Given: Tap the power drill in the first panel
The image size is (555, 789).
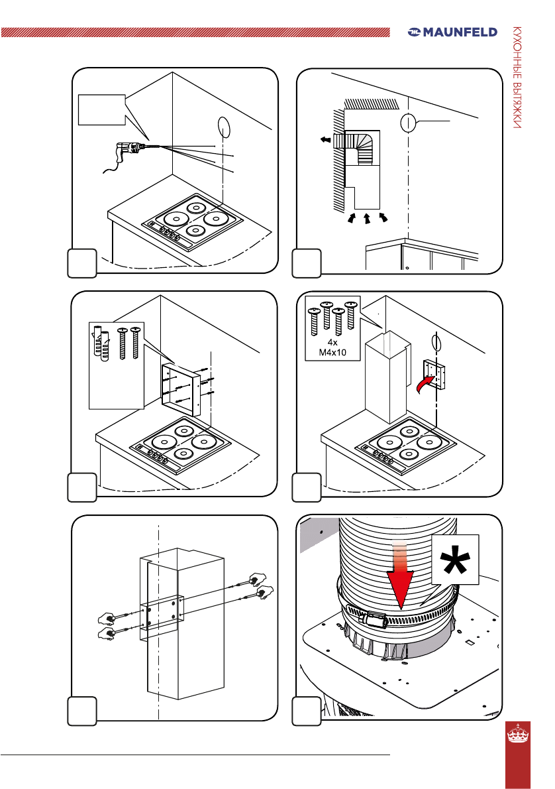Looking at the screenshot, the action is (132, 151).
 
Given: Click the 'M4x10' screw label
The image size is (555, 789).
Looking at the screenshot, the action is (332, 352).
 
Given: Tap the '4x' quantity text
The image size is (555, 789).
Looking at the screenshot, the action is (332, 342).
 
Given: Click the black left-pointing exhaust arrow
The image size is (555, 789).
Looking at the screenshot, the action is (325, 139).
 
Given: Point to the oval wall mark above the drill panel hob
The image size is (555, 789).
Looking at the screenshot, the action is (224, 126).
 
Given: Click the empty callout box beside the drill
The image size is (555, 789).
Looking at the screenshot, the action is (101, 109).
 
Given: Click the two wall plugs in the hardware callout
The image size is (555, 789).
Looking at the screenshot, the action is (101, 343).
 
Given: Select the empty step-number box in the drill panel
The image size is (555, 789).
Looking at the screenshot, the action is (82, 263).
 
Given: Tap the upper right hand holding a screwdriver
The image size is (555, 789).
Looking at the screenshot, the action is (258, 579).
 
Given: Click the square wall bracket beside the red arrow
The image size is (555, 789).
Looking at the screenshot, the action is (435, 375).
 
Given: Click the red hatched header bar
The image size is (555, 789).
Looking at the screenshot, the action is (195, 32).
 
